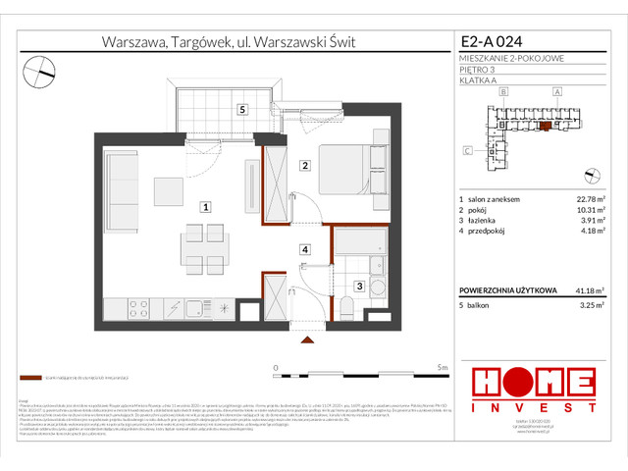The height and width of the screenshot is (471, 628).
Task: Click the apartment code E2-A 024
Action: (496, 42)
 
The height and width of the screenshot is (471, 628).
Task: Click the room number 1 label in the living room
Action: (204, 207)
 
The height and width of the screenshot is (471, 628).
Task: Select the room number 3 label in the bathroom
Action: (360, 286)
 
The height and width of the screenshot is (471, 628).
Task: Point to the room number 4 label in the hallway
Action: (305, 250)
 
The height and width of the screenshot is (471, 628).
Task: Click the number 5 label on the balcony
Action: (242, 110)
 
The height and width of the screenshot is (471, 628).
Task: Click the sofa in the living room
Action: (125, 191)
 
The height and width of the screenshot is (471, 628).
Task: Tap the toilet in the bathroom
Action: (346, 311)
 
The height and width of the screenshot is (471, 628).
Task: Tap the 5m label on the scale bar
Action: (443, 367)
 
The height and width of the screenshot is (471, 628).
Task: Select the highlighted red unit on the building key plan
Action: (547, 127)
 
